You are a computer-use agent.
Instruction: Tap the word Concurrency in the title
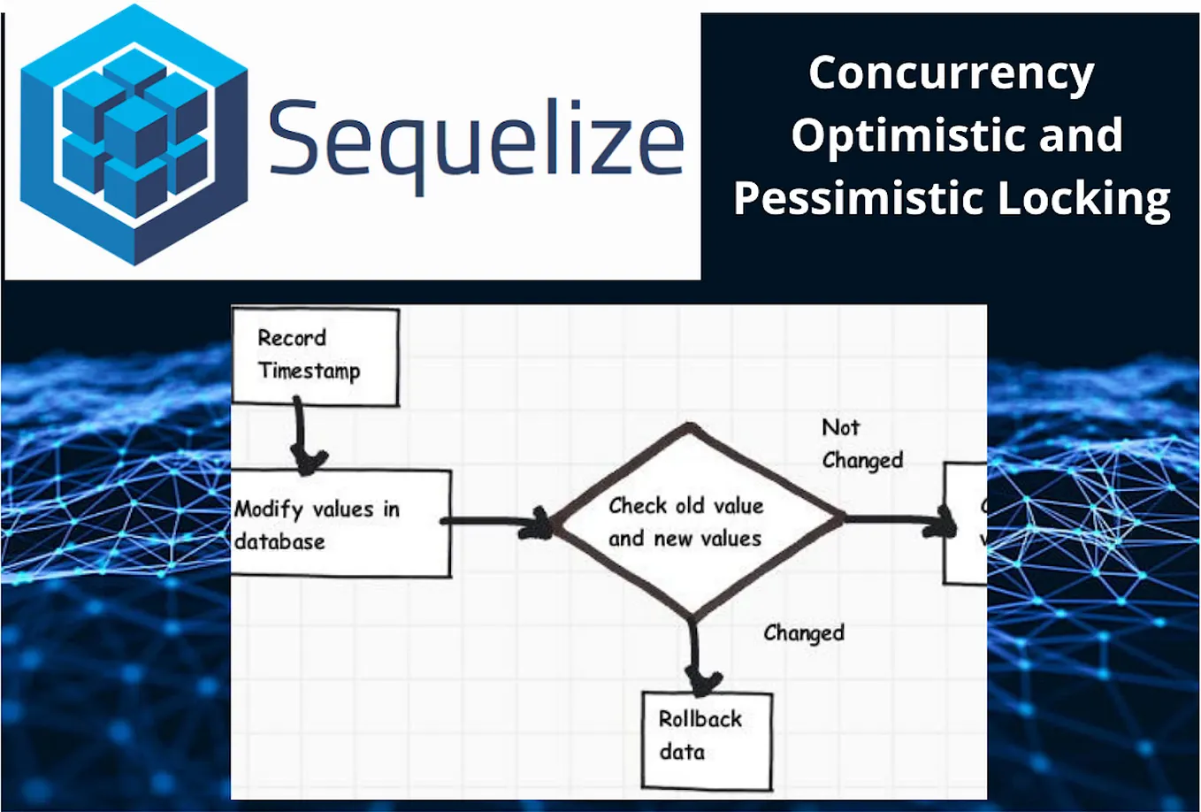pos(951,73)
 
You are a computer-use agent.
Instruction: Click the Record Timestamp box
pos(315,356)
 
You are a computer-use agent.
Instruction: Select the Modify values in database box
pos(340,524)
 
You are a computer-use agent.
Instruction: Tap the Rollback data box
pos(706,740)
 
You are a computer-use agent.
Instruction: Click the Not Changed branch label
pos(861,444)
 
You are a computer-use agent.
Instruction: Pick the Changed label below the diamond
pos(803,633)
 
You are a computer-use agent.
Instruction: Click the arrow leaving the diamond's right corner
pos(898,522)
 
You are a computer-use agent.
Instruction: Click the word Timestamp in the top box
pos(309,372)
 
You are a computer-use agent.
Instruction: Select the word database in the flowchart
pos(279,541)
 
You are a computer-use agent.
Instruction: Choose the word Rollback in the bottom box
pos(700,719)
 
